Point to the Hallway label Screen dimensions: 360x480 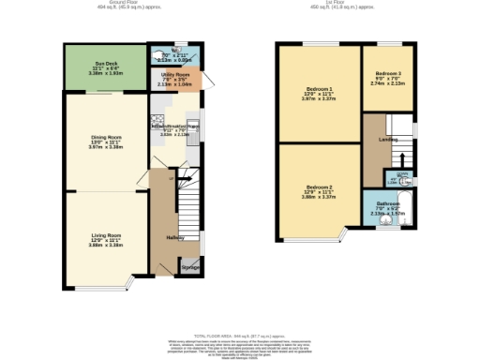[x=175, y=237]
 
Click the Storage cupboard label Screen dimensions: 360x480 [x=190, y=268]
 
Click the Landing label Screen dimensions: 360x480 [x=387, y=140]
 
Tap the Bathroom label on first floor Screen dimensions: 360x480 [x=388, y=204]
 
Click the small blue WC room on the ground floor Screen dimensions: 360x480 [x=174, y=53]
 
